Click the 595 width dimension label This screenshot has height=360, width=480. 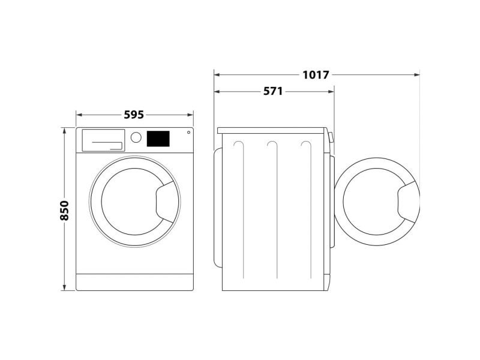point(134,115)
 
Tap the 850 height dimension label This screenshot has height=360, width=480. point(64,211)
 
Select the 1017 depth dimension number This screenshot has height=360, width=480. point(316,74)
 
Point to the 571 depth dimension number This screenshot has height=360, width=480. point(273,91)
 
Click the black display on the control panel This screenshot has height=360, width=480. point(158,139)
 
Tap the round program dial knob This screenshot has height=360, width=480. point(136,137)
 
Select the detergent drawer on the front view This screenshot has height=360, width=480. point(103,140)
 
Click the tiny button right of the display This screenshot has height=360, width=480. point(188,132)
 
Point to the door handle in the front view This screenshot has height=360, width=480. point(167,202)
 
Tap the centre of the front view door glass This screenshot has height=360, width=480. point(134,202)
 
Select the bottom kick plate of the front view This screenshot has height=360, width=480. point(134,282)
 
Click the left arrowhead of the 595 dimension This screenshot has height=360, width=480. point(79,115)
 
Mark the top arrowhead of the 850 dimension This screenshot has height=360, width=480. point(64,131)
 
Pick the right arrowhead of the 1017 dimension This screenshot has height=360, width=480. point(416,74)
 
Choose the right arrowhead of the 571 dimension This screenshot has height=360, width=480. point(331,91)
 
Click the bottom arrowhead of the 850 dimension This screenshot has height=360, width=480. point(64,287)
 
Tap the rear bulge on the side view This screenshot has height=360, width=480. point(218,207)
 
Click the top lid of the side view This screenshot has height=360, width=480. point(271,131)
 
